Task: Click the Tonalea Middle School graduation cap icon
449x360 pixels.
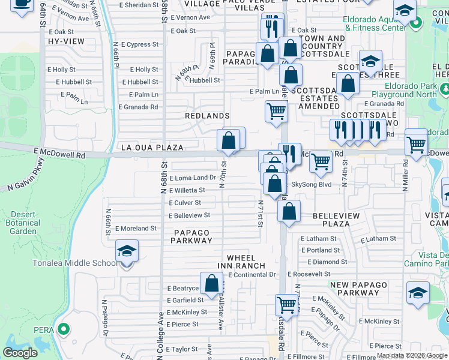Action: click(127, 251)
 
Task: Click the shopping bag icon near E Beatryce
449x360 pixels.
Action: click(211, 284)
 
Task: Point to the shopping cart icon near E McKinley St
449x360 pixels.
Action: click(287, 305)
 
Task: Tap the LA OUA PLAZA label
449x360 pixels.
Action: click(152, 147)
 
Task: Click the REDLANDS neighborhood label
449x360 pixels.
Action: click(207, 115)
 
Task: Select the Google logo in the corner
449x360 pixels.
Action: click(20, 353)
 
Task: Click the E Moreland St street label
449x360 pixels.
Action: click(136, 229)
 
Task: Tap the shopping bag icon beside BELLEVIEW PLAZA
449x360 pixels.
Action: click(289, 212)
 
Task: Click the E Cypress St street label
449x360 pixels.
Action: click(140, 44)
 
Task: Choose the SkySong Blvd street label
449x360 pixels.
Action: click(312, 185)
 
